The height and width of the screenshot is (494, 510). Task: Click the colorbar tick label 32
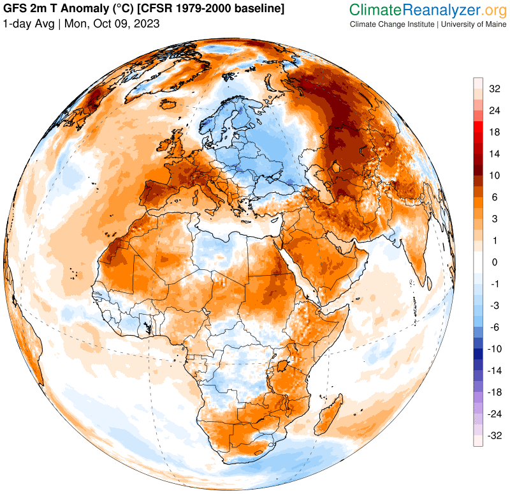click(495, 89)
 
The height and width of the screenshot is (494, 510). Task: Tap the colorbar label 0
click(495, 262)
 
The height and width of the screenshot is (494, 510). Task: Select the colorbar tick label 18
click(495, 132)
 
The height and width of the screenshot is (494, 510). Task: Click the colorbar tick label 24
click(495, 110)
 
